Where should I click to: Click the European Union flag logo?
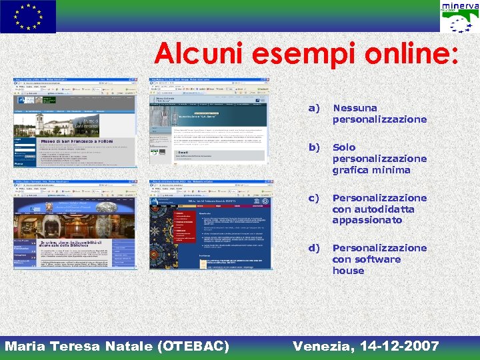point(28,17)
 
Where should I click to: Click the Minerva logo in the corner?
point(459,17)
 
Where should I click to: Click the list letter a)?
point(313,108)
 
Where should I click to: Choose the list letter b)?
point(313,147)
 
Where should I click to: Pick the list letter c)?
point(313,198)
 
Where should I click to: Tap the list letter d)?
point(313,248)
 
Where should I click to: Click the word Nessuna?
point(355,108)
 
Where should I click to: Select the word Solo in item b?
point(344,147)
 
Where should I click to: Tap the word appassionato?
point(367,221)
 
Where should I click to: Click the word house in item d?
point(348,271)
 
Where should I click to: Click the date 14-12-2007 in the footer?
point(399,346)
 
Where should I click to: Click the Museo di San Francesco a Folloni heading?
point(77,141)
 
